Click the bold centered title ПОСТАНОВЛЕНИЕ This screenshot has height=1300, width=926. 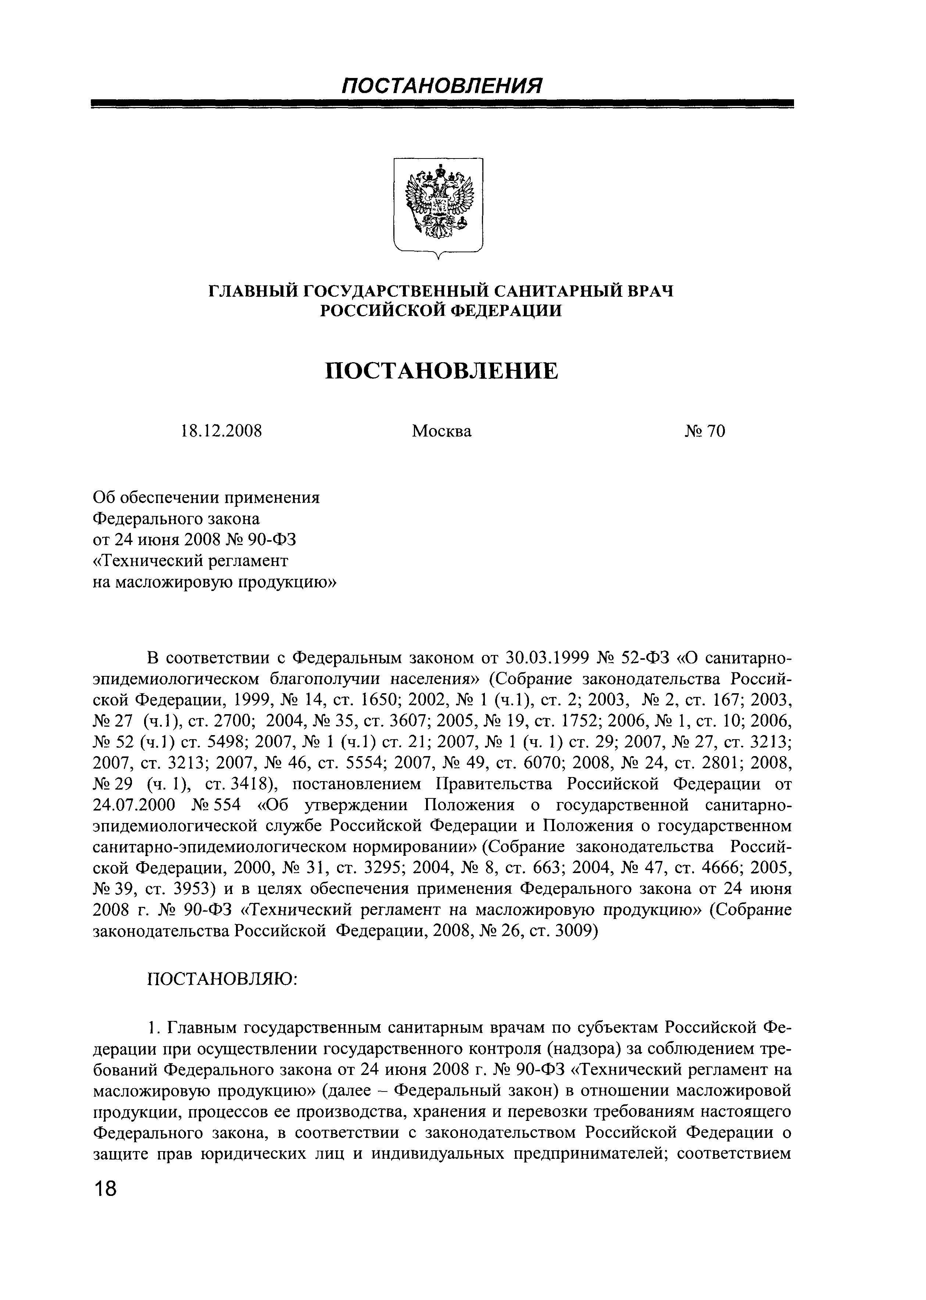441,371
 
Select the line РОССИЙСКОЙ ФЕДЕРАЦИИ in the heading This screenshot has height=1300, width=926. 441,311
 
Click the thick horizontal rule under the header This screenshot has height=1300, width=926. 442,104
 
